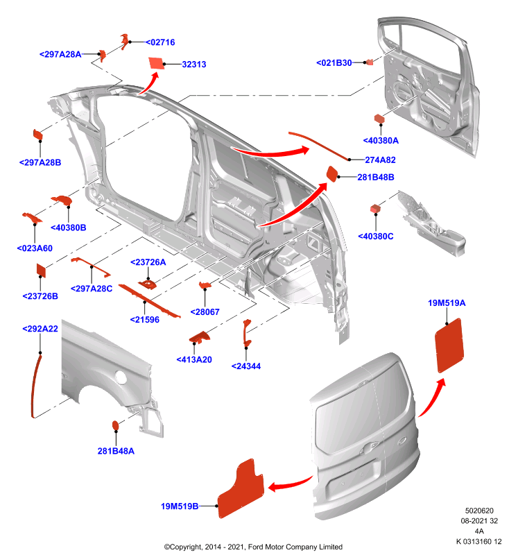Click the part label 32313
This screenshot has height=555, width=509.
point(194,65)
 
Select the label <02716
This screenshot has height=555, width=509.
point(160,42)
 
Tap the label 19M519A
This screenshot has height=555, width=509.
point(447,303)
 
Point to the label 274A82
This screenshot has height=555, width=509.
point(380,160)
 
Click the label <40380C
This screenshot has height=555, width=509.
point(376,237)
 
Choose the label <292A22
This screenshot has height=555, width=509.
point(40,329)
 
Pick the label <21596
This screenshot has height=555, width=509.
point(145,320)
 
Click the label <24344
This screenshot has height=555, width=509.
point(246,366)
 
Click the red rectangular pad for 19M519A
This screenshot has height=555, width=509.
point(449,345)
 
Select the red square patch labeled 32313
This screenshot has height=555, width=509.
point(156,63)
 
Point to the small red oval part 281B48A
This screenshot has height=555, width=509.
point(115,425)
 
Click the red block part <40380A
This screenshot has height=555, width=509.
point(379,118)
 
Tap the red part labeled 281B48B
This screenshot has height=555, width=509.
point(332,174)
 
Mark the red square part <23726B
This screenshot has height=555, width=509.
point(42,271)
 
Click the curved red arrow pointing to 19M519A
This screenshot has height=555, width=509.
point(431,397)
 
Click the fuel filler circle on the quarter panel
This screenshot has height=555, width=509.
point(121,377)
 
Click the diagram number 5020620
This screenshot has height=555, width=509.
point(479,511)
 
